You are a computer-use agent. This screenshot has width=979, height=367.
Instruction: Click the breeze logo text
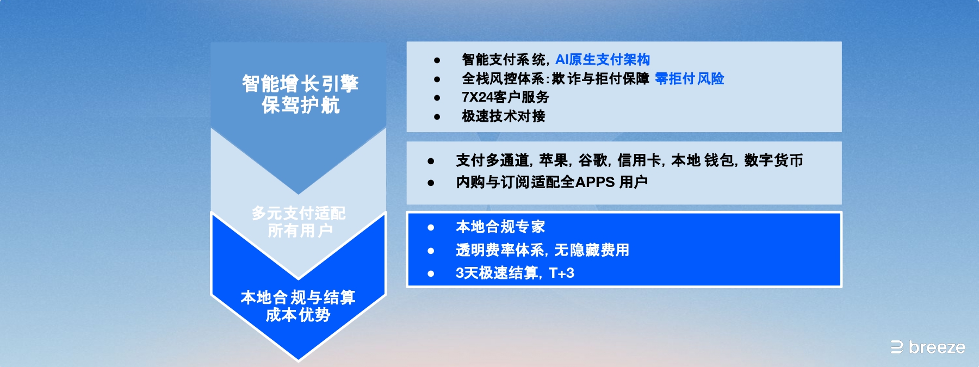click(x=937, y=347)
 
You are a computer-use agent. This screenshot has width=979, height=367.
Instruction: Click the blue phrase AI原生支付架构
click(x=602, y=60)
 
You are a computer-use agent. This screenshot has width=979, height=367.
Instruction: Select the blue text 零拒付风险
click(x=689, y=79)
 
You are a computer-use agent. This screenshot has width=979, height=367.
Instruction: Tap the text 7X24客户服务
click(x=505, y=97)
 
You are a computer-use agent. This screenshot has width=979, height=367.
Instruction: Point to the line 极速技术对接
click(x=503, y=116)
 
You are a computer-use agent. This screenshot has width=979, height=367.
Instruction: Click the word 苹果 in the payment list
click(x=554, y=160)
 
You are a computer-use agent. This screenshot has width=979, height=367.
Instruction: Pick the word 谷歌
click(x=593, y=160)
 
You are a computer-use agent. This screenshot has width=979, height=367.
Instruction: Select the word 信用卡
click(x=639, y=160)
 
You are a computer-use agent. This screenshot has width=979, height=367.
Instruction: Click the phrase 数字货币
click(x=773, y=160)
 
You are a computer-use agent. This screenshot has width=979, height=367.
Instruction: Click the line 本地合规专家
click(x=500, y=227)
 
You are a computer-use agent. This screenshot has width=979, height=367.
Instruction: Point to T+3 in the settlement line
click(x=561, y=273)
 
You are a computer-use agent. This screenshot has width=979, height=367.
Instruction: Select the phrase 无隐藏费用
click(x=591, y=250)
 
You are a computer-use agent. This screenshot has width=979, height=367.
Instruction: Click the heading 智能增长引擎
click(x=300, y=84)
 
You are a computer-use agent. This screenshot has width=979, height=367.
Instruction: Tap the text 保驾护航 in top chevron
click(x=300, y=105)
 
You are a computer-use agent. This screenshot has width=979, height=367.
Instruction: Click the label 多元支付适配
click(x=299, y=213)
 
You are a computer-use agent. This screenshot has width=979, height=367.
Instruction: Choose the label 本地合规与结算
click(x=298, y=297)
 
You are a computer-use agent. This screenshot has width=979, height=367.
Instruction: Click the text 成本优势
click(x=298, y=315)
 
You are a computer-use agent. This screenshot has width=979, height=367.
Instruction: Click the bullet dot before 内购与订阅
click(x=431, y=183)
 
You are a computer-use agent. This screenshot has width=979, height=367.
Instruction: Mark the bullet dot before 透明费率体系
click(x=431, y=251)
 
